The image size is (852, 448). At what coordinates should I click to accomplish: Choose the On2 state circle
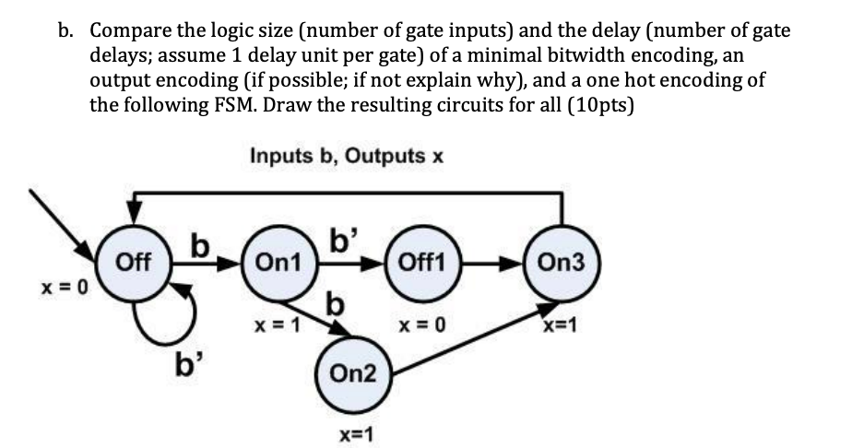[351, 374]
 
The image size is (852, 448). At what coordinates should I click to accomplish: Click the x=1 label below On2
[351, 434]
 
